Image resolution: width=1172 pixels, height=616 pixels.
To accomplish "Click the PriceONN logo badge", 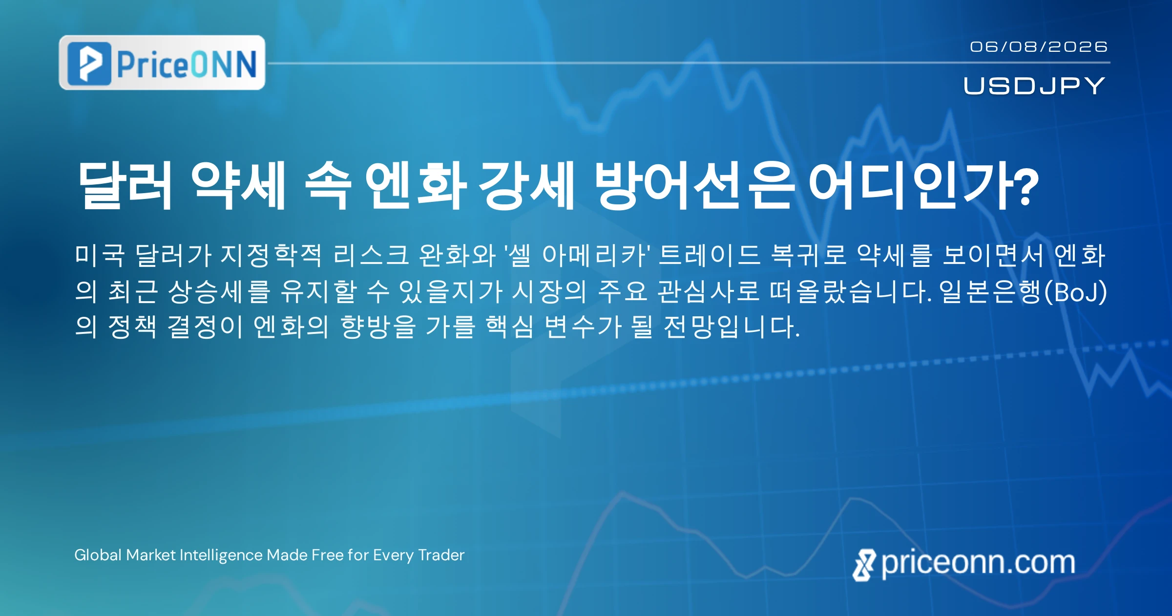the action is (x=162, y=63).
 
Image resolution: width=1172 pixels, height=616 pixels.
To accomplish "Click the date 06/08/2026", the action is (x=1039, y=46).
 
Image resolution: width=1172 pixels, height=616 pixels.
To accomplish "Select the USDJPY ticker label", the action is (x=1034, y=86).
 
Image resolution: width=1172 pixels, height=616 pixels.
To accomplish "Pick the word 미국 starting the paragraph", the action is (x=100, y=255).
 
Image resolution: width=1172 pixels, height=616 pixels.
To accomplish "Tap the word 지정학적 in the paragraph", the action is (x=271, y=255).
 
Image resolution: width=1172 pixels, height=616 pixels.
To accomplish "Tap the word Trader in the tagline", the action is (x=441, y=555).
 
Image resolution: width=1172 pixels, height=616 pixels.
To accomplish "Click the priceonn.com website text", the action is (x=978, y=563).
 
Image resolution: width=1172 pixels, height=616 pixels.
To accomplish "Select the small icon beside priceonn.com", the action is (x=864, y=565).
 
